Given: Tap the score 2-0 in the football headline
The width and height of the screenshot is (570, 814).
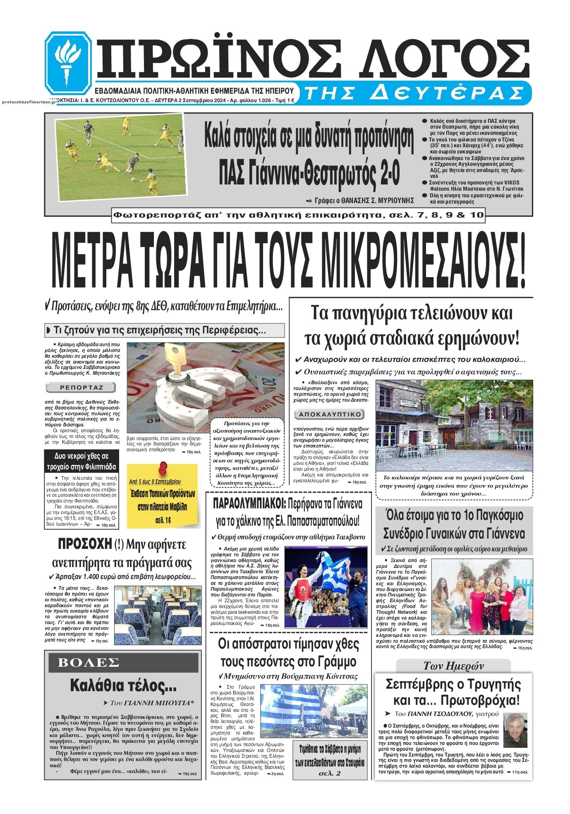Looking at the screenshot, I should coord(389,175).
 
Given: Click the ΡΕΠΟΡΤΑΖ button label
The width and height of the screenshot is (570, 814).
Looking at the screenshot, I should coord(81,388).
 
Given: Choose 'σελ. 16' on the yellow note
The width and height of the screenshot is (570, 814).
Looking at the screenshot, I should coord(163,520).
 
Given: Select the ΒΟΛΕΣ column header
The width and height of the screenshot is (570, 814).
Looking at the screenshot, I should coord(88,662).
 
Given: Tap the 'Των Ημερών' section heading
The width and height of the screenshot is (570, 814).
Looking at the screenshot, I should coord(453,666).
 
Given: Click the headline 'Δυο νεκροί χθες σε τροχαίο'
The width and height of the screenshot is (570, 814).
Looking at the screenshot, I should coord(81,461).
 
